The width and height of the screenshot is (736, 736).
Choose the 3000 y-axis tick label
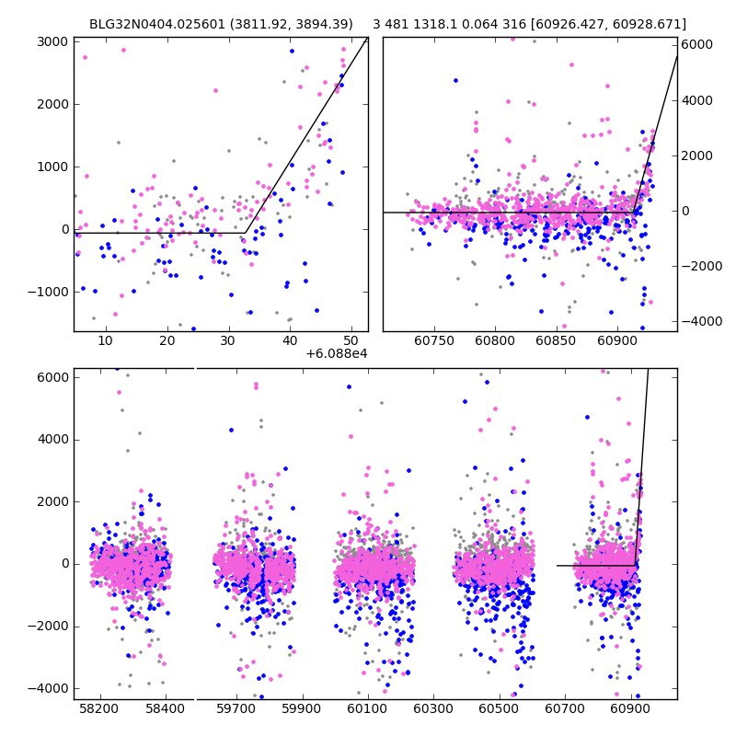(x=52, y=41)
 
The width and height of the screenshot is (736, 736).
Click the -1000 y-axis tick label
(x=49, y=292)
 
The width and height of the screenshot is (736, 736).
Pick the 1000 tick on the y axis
(x=52, y=167)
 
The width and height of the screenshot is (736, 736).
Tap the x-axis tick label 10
(x=105, y=341)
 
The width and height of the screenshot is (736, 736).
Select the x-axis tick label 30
(x=228, y=341)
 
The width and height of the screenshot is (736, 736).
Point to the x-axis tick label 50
(x=351, y=341)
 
